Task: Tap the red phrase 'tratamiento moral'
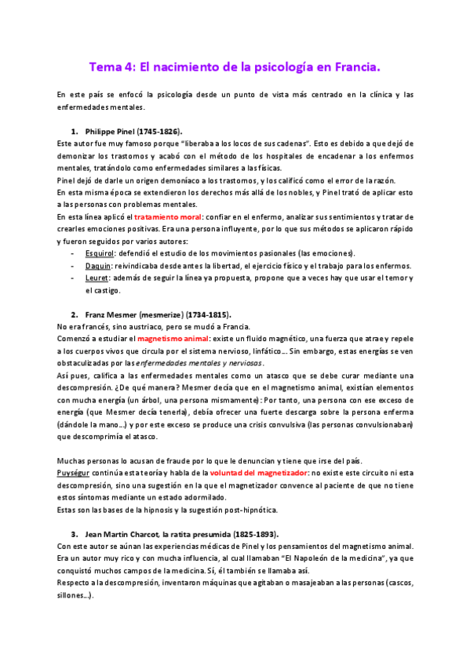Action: tap(167, 215)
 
